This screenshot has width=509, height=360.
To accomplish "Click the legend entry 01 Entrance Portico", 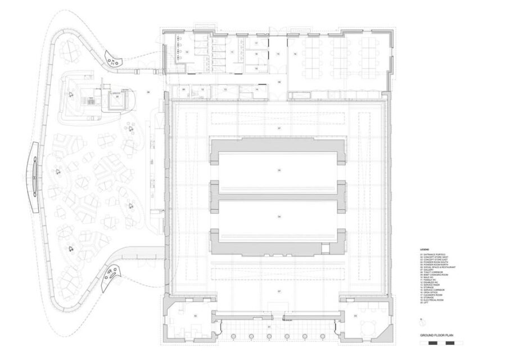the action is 431,255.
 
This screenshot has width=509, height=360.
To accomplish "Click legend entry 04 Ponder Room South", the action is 433,262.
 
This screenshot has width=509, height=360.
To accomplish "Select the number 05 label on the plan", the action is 279,169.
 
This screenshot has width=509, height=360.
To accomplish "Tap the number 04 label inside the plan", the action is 279,215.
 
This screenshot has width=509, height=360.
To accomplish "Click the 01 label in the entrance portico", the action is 269,327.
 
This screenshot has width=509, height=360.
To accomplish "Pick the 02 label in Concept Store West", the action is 195,317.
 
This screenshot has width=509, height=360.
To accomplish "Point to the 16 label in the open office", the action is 295,54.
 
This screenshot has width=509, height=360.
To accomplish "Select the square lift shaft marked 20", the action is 117,100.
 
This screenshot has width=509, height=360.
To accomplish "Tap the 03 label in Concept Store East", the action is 355,317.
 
